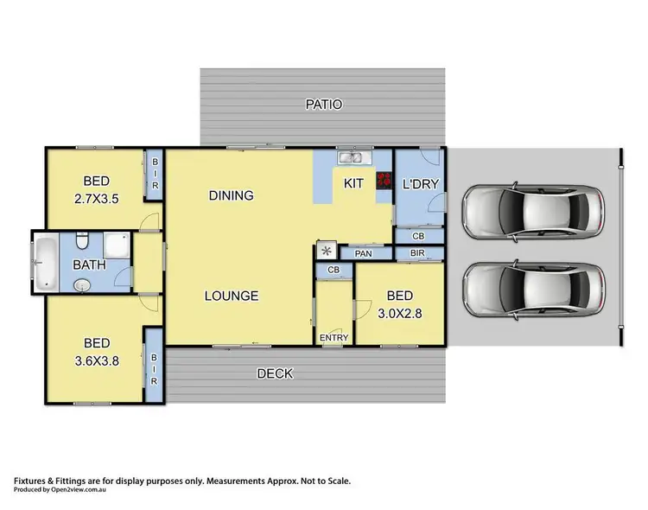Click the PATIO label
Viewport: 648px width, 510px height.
[324, 105]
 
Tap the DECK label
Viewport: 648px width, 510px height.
[275, 374]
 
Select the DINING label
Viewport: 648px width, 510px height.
[231, 195]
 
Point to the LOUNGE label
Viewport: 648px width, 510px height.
[231, 296]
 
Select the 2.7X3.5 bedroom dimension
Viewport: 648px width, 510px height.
[96, 197]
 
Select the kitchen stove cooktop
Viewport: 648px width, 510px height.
[383, 184]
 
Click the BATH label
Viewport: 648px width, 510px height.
[89, 265]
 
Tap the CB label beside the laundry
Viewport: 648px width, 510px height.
[418, 235]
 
